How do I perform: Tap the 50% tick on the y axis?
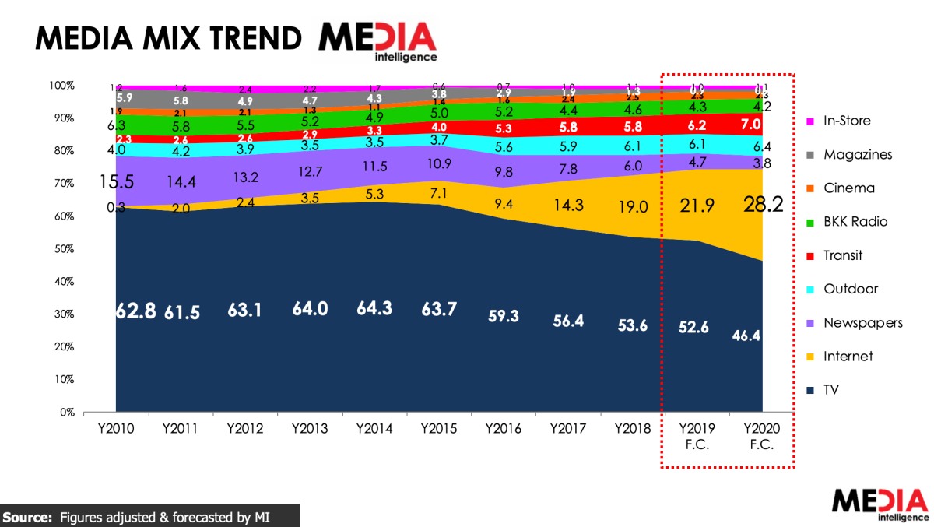pos(62,249)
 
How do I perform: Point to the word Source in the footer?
pos(27,516)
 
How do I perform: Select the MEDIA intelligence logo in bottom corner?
pos(880,504)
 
